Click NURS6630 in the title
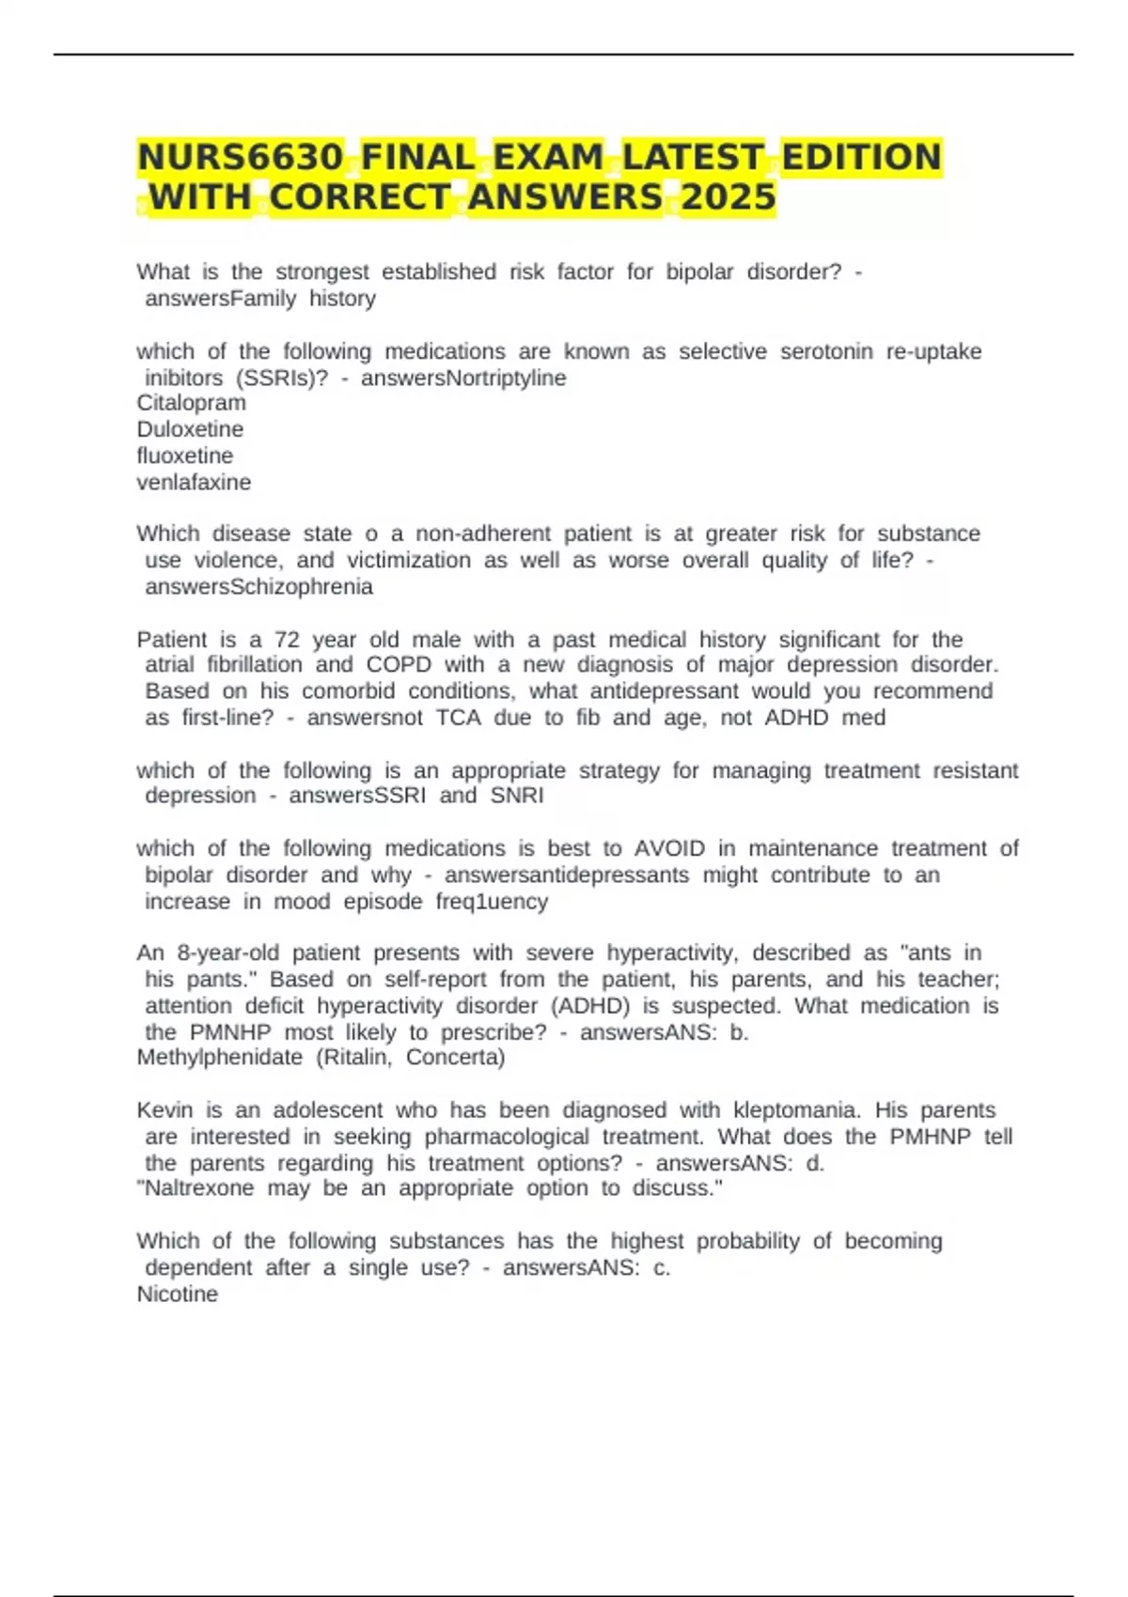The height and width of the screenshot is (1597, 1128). coord(241,157)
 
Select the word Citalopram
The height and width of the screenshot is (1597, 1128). coord(192,403)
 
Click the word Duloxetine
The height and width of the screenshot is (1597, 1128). coord(190,429)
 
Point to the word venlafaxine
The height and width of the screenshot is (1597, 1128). coord(194,482)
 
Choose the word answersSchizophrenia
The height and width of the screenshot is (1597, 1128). coord(258,587)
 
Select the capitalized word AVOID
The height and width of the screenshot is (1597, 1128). coord(669,848)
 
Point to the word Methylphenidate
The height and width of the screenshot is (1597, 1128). coord(220,1058)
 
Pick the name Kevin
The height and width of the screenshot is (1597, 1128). coord(164,1110)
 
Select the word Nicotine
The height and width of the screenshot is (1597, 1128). coord(178,1295)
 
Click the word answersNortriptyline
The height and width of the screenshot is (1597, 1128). coord(463,378)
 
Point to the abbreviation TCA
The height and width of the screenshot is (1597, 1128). coord(459,719)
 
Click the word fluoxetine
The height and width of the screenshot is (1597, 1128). coord(185,456)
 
